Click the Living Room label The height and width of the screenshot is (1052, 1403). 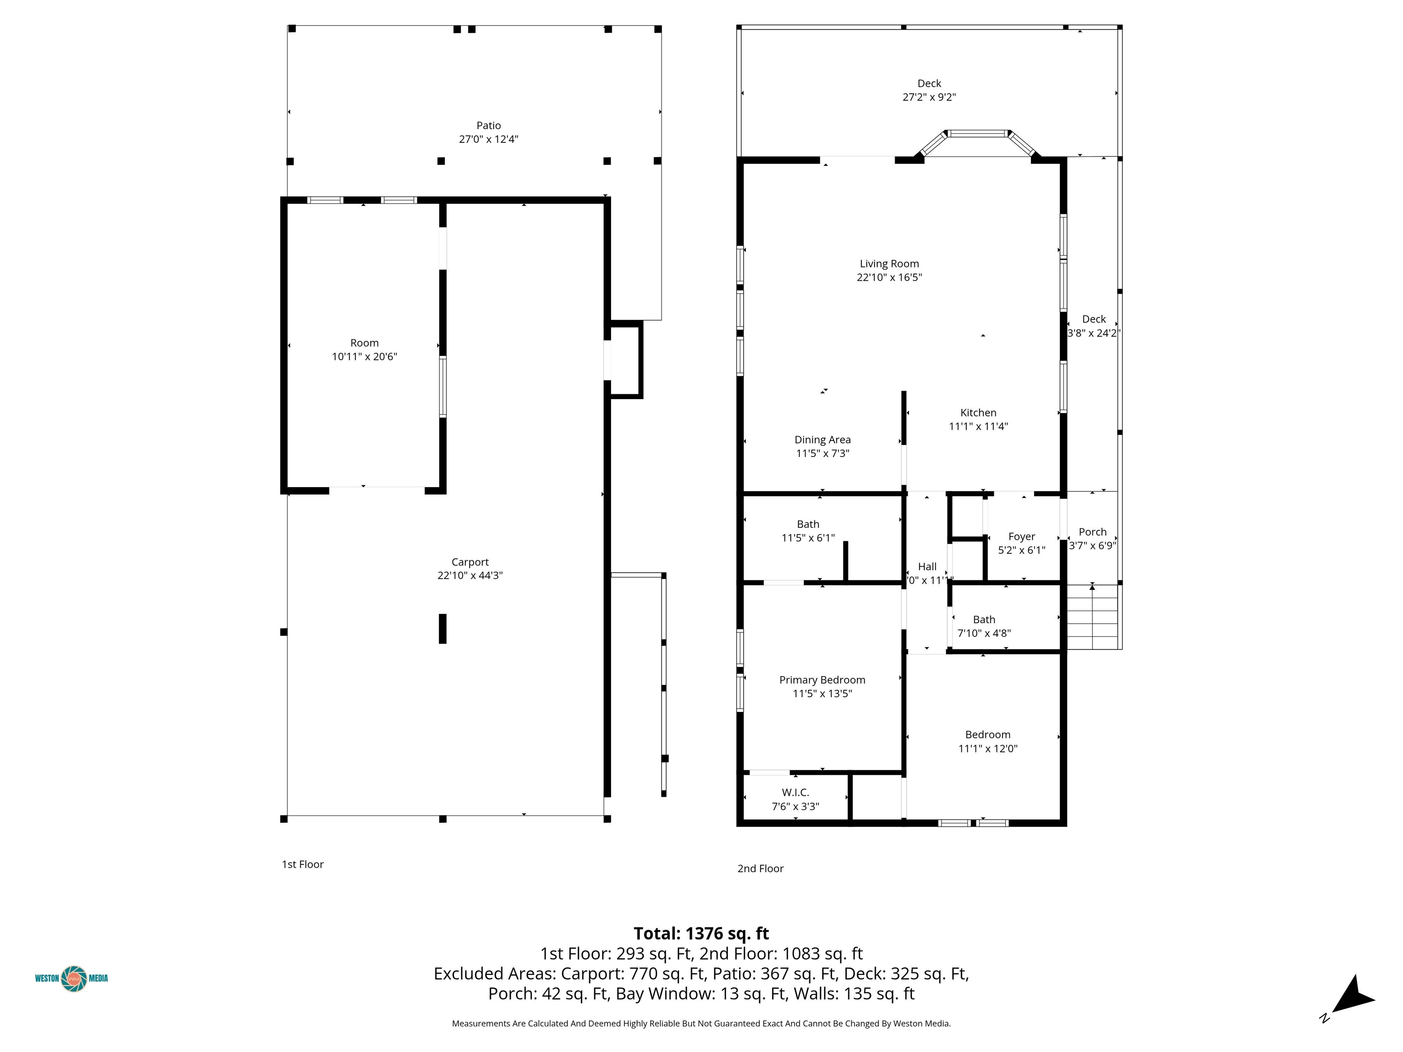point(889,264)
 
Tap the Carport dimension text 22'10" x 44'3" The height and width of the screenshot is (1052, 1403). point(470,576)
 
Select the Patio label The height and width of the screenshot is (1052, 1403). point(488,126)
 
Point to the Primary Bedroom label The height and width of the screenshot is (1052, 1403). point(822,680)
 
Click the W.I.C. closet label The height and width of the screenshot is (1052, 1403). point(796,793)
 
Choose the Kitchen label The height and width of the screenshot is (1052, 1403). point(978,413)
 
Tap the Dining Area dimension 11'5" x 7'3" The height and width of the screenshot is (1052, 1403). point(823,453)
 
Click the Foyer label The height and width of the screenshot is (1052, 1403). point(1022,537)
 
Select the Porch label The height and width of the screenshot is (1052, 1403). point(1092,532)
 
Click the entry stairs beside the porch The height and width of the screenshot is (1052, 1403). point(1092,617)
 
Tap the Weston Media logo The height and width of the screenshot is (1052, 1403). point(72,978)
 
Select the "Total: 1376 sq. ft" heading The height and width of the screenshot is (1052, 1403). point(701,933)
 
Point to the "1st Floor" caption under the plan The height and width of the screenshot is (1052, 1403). point(302,864)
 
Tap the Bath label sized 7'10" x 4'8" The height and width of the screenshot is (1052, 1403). point(984,620)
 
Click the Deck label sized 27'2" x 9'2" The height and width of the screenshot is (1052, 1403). point(929,84)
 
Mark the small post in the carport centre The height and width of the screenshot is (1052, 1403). point(443,628)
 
